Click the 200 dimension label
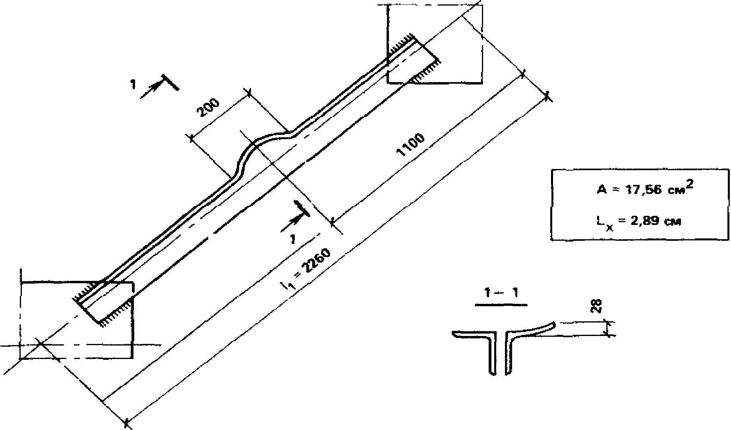click(x=208, y=107)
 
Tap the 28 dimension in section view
click(x=597, y=306)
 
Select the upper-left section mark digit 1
click(x=133, y=84)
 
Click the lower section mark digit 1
click(x=293, y=239)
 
